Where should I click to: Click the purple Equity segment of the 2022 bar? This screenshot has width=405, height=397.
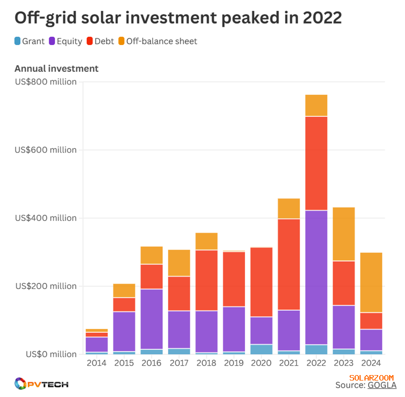tap(316, 277)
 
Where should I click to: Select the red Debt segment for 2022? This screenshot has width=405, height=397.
tap(316, 163)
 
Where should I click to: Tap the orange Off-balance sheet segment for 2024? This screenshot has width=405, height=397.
tap(371, 282)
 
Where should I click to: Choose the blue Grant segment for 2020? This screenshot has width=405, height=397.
tap(261, 349)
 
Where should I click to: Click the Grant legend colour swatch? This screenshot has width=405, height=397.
tap(18, 41)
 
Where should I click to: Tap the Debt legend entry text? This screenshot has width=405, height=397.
tap(104, 41)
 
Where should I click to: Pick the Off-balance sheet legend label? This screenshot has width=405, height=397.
tap(162, 41)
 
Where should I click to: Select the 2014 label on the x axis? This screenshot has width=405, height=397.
tap(97, 364)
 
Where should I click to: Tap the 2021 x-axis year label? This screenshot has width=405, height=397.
tap(289, 364)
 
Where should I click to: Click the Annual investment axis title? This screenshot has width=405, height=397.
tap(56, 69)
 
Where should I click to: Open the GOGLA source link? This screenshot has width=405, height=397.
tap(381, 385)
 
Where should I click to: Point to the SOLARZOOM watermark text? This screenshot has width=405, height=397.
tap(371, 378)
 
